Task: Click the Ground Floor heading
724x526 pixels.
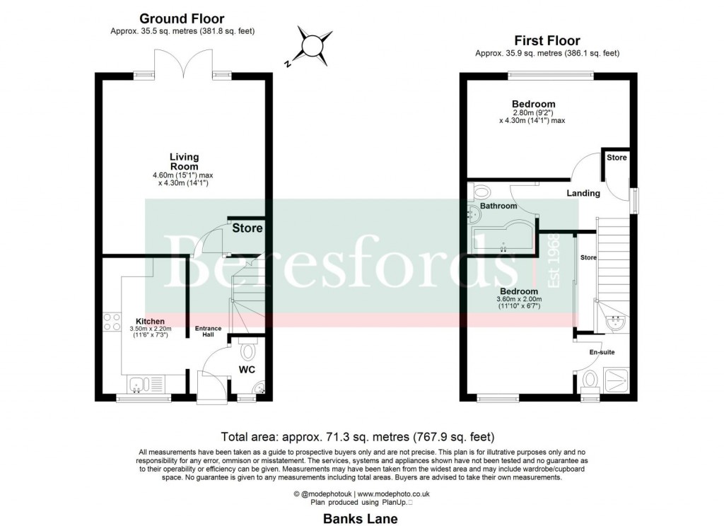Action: coord(182,19)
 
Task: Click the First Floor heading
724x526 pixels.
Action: coord(547,41)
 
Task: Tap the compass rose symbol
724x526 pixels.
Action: coord(311,46)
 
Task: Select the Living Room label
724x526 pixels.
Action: coord(184,161)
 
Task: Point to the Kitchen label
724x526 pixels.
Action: coord(150,322)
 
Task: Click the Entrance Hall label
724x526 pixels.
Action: coord(209,332)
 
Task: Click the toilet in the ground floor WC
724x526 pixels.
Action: coord(248,350)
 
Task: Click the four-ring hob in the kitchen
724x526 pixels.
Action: coord(112,322)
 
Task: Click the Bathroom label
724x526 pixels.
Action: coord(499,206)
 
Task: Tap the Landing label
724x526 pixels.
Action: coord(583,193)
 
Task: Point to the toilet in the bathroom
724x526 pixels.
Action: coord(480,190)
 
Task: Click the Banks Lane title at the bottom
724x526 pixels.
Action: coord(361,518)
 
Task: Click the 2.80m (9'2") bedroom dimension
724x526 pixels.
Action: coord(533,112)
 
